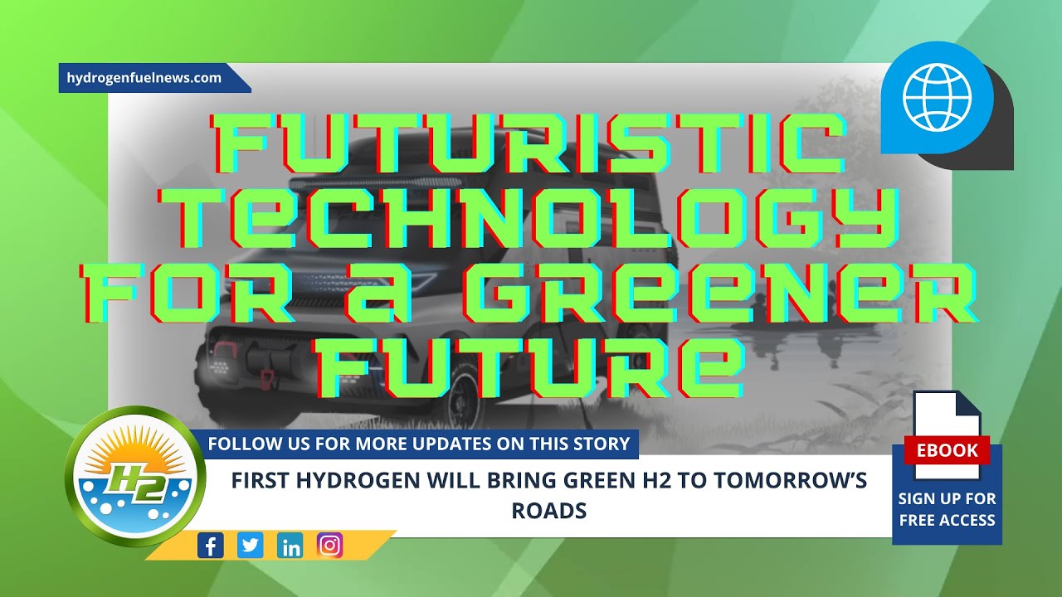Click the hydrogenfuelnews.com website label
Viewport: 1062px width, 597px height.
click(x=144, y=78)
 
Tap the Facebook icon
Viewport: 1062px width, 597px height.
click(x=211, y=546)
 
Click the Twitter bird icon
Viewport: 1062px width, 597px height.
click(x=251, y=546)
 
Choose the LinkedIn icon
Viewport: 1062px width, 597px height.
click(x=290, y=546)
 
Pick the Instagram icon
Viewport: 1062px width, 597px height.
click(x=330, y=546)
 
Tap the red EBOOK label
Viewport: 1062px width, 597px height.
click(x=947, y=450)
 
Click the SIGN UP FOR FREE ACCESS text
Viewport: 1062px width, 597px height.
click(x=947, y=509)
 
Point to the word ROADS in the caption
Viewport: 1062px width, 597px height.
click(x=548, y=511)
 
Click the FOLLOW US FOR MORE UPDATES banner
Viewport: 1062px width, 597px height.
click(x=419, y=444)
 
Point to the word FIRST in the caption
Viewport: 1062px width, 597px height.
click(x=261, y=481)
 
